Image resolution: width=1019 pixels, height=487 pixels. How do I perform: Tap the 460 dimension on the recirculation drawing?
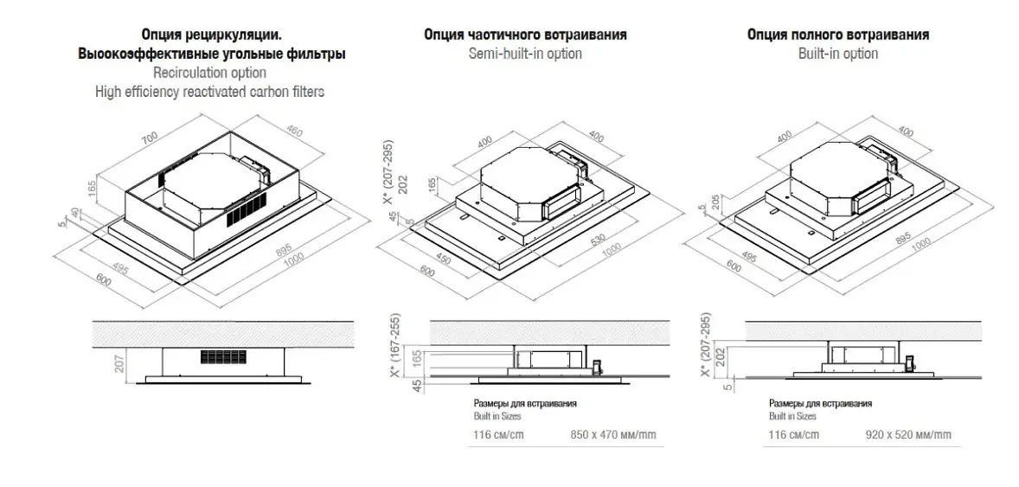pos(294,132)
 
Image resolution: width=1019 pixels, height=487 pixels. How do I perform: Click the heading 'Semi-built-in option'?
pos(525,54)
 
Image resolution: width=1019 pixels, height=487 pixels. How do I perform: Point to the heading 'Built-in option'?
pos(837,54)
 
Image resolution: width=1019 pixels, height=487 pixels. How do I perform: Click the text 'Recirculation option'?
pos(210,72)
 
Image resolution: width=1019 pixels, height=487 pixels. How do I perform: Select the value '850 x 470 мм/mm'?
pos(612,434)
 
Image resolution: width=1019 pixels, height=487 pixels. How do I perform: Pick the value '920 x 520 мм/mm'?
pos(908,434)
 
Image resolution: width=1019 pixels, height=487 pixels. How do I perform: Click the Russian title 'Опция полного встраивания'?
pos(837,35)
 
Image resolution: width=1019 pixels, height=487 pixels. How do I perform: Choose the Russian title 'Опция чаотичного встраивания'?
pos(525,35)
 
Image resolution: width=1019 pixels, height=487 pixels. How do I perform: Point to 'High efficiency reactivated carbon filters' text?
pos(210,92)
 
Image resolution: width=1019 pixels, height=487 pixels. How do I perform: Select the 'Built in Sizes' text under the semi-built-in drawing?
pos(497,416)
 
